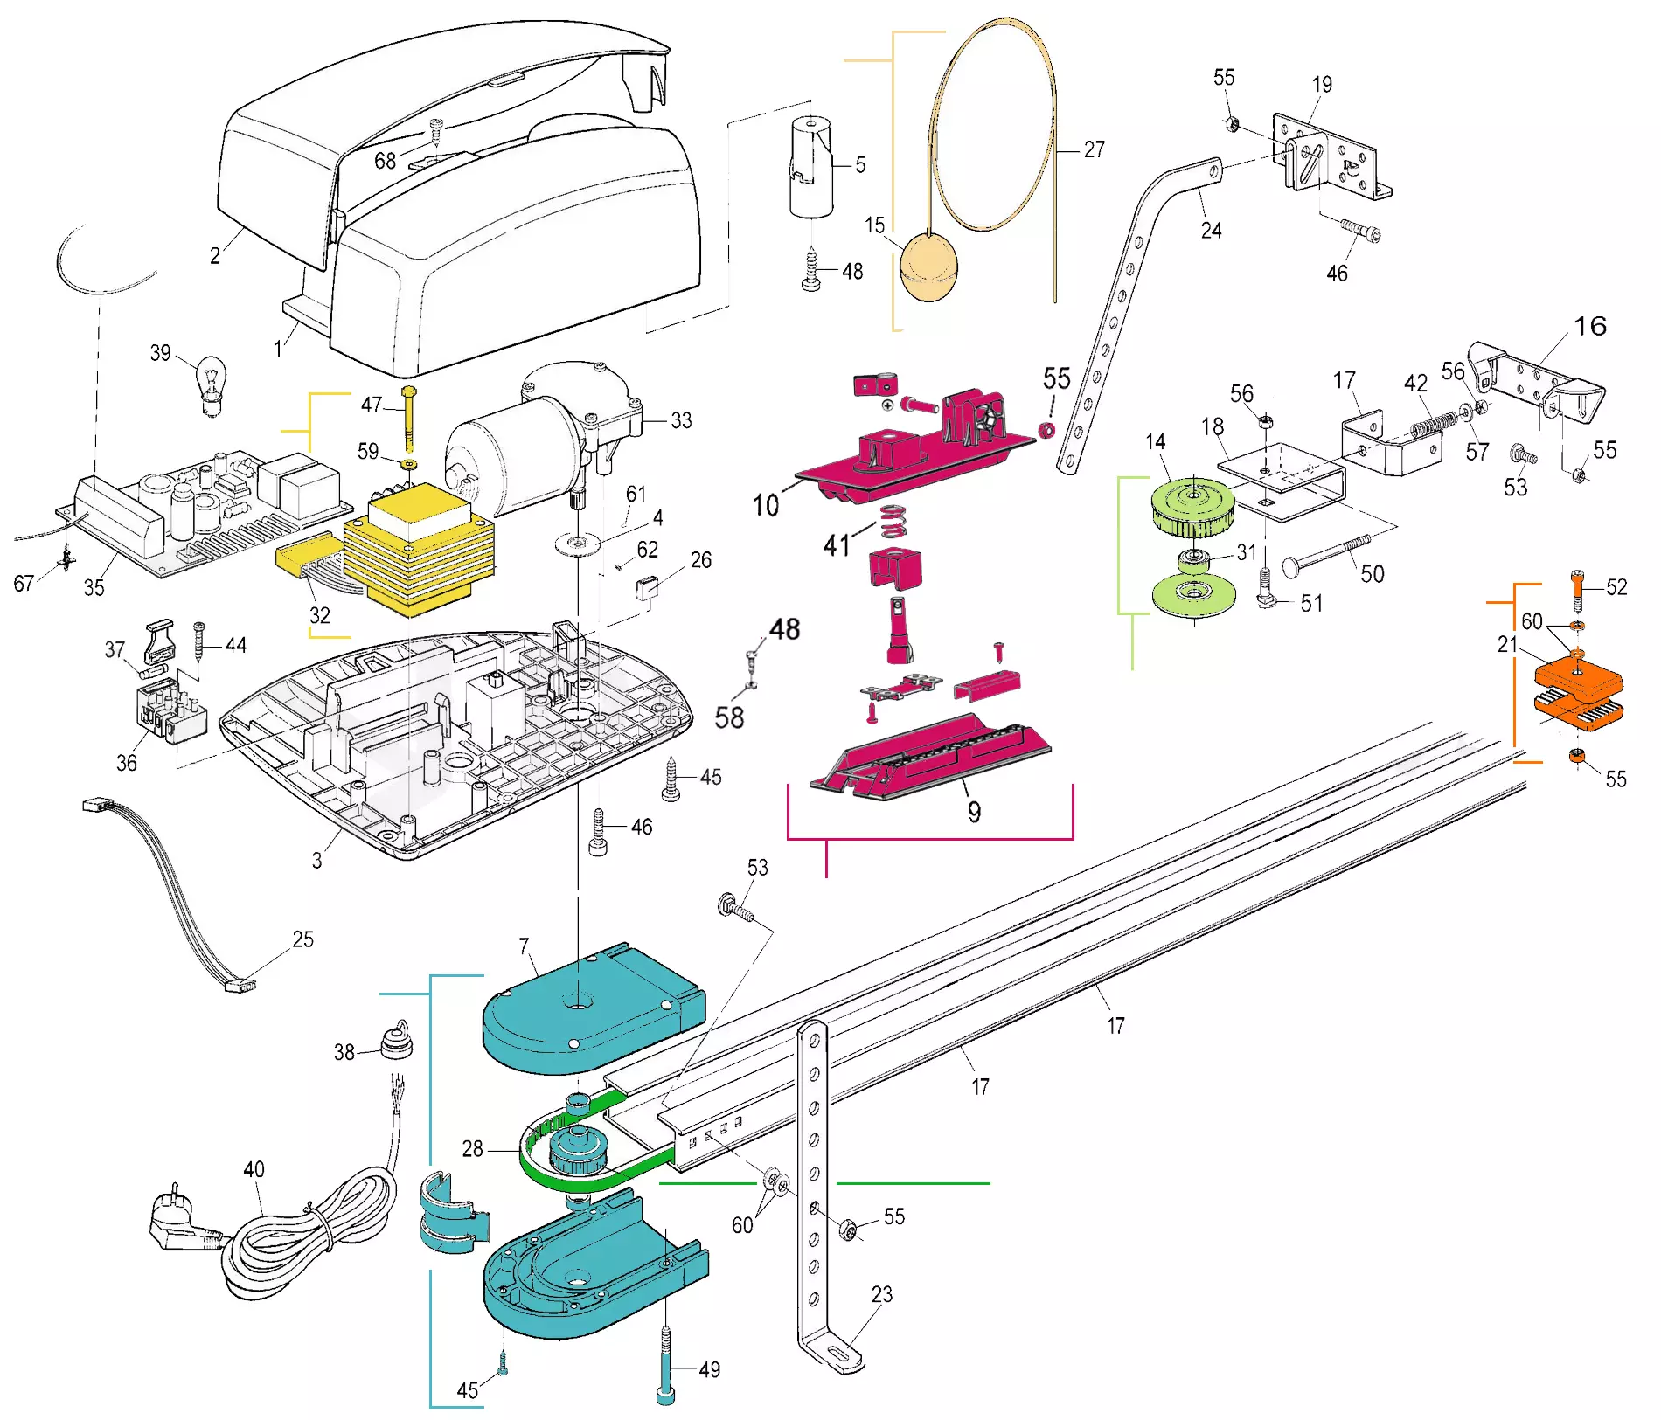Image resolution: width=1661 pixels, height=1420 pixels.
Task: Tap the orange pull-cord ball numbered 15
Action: [928, 267]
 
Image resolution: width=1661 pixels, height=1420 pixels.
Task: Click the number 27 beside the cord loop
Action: [1094, 149]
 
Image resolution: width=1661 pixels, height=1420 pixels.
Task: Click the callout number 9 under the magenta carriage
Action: [974, 812]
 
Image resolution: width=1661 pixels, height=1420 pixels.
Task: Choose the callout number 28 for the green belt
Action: [472, 1148]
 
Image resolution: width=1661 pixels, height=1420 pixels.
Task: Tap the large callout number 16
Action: [1590, 326]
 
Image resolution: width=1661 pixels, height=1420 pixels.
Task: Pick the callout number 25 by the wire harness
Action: [302, 939]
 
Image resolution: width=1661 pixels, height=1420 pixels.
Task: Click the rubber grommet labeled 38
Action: [396, 1041]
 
